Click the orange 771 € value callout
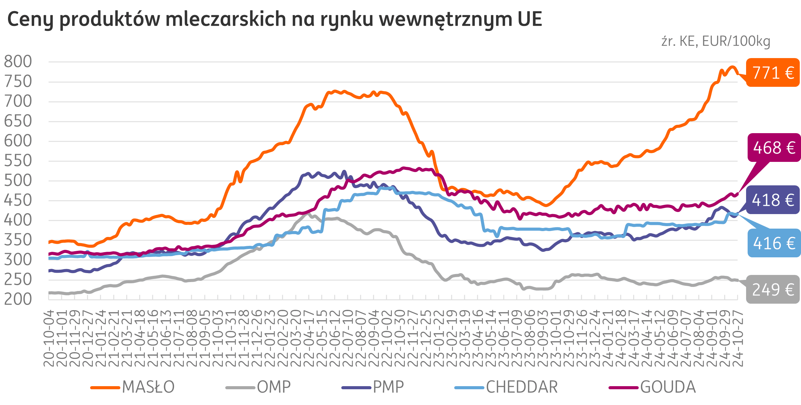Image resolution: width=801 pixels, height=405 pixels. (773, 73)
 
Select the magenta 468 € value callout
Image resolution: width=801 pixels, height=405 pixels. (774, 148)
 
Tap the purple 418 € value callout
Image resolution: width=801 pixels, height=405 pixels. (773, 200)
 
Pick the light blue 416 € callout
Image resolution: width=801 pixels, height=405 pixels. (774, 243)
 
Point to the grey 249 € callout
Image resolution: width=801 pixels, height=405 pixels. (773, 289)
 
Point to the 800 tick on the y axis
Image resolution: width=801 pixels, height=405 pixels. (18, 62)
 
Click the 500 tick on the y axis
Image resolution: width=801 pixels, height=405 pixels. (18, 180)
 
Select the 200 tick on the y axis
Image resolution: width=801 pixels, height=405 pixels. (18, 299)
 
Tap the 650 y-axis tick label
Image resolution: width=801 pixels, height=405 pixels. (18, 121)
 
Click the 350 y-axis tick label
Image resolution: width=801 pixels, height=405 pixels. (18, 240)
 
